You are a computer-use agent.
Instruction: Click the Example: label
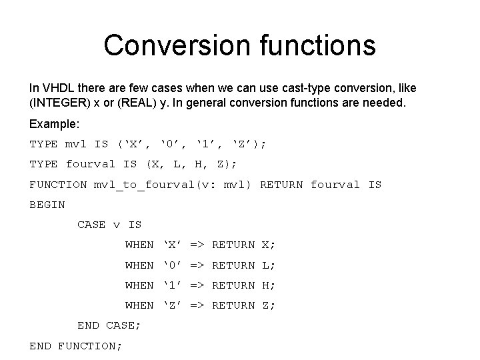[54, 124]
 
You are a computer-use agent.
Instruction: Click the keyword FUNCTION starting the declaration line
[58, 185]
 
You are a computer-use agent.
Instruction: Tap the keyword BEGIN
[47, 205]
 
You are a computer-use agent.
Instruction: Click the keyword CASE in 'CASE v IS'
[91, 225]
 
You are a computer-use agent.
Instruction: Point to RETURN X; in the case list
[243, 245]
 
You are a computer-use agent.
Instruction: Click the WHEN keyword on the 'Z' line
[139, 305]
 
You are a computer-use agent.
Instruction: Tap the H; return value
[269, 285]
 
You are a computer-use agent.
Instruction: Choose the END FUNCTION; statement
[76, 345]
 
